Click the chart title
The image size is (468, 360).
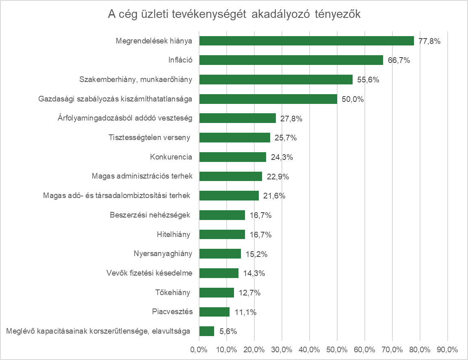pos(234,15)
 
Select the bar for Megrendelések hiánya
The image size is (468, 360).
pos(306,41)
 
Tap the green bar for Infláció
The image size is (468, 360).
pos(291,60)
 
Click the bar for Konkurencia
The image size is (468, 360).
pos(232,157)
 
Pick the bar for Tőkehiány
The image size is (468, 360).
pos(217,293)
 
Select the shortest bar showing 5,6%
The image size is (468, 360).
pos(207,331)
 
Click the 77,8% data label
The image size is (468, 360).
pos(429,41)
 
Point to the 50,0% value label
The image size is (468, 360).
pos(353,99)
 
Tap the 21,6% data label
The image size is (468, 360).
pos(274,196)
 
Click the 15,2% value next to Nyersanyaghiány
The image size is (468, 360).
pos(256,254)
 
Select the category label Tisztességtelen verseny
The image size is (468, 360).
pos(150,138)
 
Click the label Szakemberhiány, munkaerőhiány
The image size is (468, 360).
pos(136,80)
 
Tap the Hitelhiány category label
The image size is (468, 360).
pos(173,235)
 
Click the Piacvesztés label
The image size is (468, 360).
pos(172,312)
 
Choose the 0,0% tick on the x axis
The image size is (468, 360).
pos(199,349)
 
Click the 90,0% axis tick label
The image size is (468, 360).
pos(447,349)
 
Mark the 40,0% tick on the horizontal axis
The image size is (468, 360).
pos(309,349)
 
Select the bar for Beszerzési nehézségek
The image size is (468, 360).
pos(222,215)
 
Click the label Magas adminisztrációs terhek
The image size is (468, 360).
pos(142,177)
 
